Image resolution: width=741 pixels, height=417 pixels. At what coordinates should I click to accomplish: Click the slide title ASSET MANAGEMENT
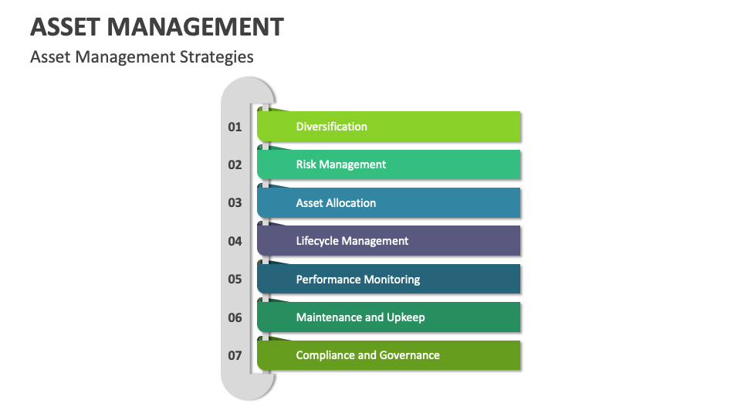(x=157, y=27)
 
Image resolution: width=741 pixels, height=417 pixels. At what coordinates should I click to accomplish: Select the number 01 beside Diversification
(x=235, y=127)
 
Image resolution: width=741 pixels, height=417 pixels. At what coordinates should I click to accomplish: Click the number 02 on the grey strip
(x=235, y=164)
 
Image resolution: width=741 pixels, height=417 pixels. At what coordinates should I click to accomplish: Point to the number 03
(x=235, y=203)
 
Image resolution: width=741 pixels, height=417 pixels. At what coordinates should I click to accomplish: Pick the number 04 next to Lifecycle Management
(x=235, y=241)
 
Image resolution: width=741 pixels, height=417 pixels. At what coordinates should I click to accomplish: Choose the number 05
(x=235, y=280)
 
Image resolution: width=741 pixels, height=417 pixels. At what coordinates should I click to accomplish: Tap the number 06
(x=235, y=317)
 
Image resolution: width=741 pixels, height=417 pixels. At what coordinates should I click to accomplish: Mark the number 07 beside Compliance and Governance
(x=235, y=356)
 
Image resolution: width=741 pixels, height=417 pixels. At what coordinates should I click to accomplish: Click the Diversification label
(x=331, y=127)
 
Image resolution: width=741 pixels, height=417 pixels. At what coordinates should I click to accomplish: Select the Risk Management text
(x=340, y=164)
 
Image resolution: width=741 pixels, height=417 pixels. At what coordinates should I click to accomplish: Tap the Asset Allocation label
(x=336, y=203)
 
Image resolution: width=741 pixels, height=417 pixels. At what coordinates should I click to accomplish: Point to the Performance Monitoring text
(x=357, y=280)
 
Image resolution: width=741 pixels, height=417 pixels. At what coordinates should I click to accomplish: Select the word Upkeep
(x=406, y=317)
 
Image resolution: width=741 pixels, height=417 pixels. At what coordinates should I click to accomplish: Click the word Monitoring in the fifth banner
(x=392, y=280)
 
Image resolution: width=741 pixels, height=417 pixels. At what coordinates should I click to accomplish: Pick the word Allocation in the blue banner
(x=351, y=203)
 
